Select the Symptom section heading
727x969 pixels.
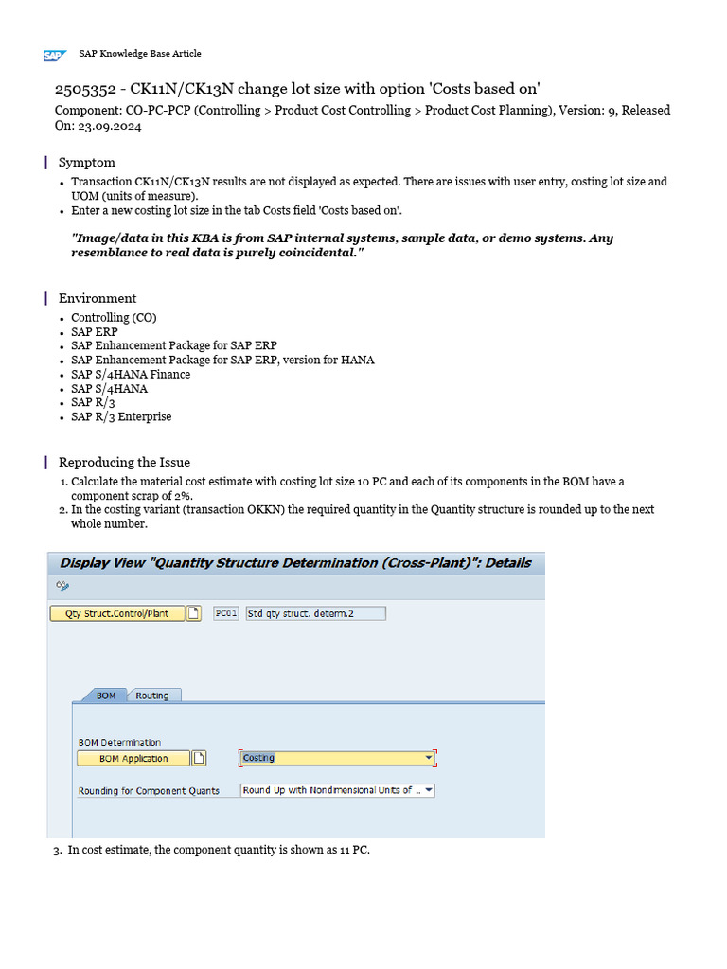click(87, 162)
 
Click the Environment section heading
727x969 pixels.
click(98, 298)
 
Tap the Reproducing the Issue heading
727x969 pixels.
click(124, 462)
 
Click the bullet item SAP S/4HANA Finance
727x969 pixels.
click(131, 374)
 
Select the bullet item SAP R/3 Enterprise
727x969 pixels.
click(121, 416)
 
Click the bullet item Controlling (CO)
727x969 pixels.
click(114, 318)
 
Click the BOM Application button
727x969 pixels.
click(133, 758)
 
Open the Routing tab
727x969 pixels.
click(151, 696)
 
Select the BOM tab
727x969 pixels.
click(106, 696)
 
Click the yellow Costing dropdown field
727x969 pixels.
click(337, 758)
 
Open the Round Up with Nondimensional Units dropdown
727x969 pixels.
click(337, 790)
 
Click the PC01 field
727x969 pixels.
click(225, 613)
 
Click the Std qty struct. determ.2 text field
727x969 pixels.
click(314, 613)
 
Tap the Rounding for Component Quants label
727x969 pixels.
click(149, 791)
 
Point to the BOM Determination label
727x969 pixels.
click(119, 742)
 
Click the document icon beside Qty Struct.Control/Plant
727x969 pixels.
click(194, 613)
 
